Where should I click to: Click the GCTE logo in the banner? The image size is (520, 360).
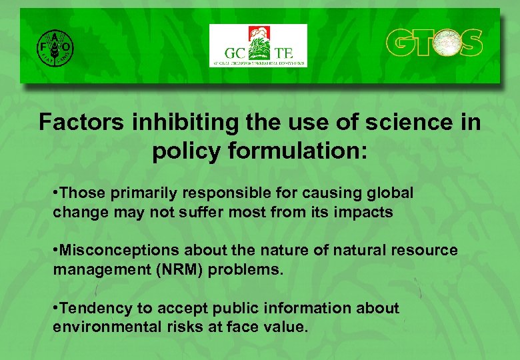258,45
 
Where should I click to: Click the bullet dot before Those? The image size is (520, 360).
55,194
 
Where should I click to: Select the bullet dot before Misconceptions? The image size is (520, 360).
55,251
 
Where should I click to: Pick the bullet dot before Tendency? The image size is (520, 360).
55,309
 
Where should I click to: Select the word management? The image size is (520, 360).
94,270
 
